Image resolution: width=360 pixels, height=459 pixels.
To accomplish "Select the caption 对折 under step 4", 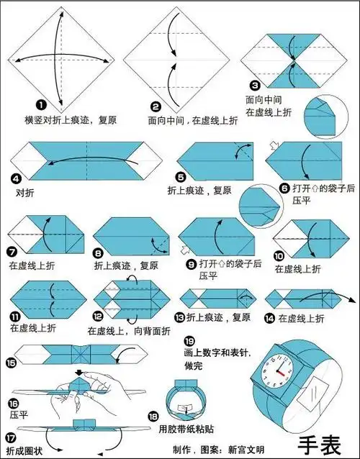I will pos(24,194).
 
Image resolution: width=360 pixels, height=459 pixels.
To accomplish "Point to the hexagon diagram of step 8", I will pos(129,235).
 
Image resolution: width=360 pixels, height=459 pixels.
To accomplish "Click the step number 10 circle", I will pos(279,255).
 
